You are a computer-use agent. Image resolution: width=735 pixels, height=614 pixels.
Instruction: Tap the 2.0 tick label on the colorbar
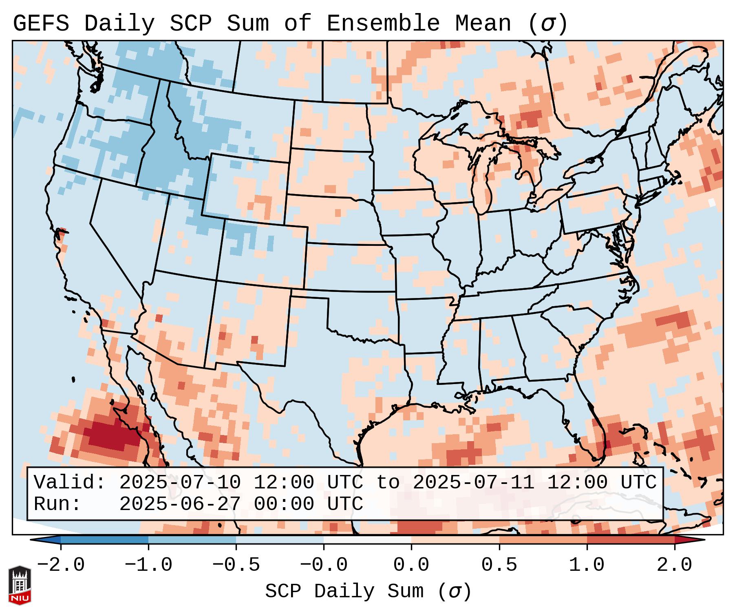point(674,565)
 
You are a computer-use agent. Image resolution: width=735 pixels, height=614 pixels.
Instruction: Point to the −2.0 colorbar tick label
point(61,565)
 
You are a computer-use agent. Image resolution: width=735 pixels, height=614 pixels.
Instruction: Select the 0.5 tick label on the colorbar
point(499,565)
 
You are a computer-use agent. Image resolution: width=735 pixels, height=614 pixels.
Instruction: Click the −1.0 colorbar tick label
point(148,565)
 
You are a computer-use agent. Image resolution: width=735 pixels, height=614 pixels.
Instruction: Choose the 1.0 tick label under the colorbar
point(587,565)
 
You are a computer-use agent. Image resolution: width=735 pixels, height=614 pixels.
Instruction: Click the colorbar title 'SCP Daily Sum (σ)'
point(368,592)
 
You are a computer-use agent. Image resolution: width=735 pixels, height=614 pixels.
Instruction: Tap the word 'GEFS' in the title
point(41,24)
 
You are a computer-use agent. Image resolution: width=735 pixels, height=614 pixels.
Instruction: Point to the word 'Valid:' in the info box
point(70,482)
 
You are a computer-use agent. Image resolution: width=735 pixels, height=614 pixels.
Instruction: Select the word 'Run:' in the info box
point(57,504)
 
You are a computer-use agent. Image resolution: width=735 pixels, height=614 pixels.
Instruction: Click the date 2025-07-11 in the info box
point(473,482)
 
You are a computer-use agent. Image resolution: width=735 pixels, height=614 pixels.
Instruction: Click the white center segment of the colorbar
point(367,540)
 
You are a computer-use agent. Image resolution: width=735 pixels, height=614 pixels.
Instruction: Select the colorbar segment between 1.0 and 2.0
point(630,540)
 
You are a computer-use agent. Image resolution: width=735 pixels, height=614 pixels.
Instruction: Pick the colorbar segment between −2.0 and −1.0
point(104,540)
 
